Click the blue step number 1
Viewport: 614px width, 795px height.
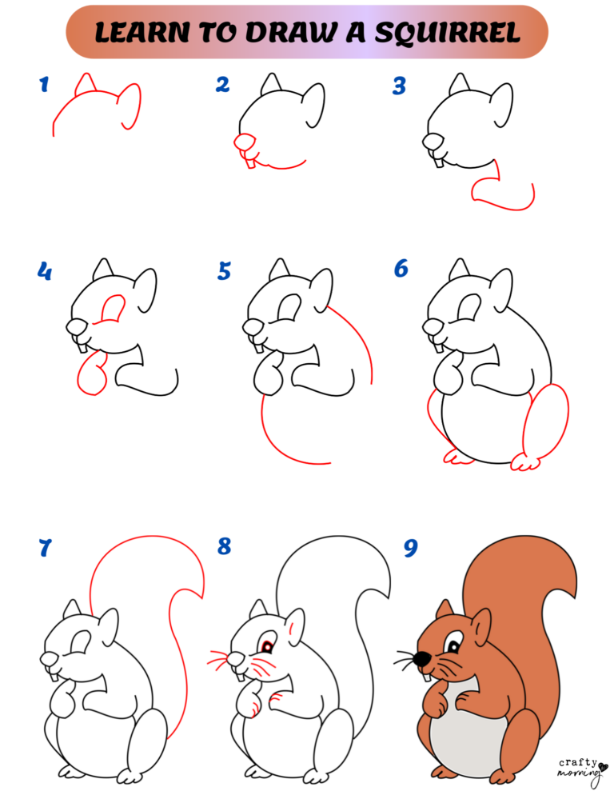point(44,84)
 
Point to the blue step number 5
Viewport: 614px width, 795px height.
point(224,272)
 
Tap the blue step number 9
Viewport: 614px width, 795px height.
point(410,548)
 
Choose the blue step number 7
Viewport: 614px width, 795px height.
point(45,549)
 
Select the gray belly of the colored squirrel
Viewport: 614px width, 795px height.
point(457,732)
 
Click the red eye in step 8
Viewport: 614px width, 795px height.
point(265,645)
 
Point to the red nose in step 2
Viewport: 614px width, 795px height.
point(244,142)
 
